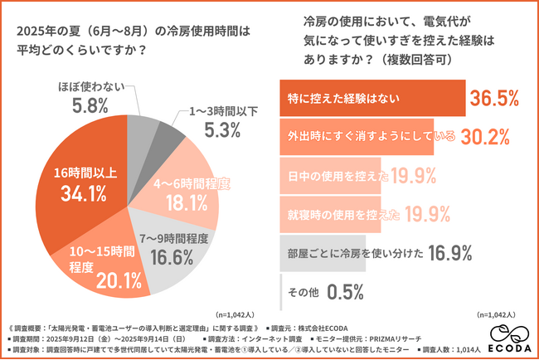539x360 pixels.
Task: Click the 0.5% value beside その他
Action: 346,291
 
